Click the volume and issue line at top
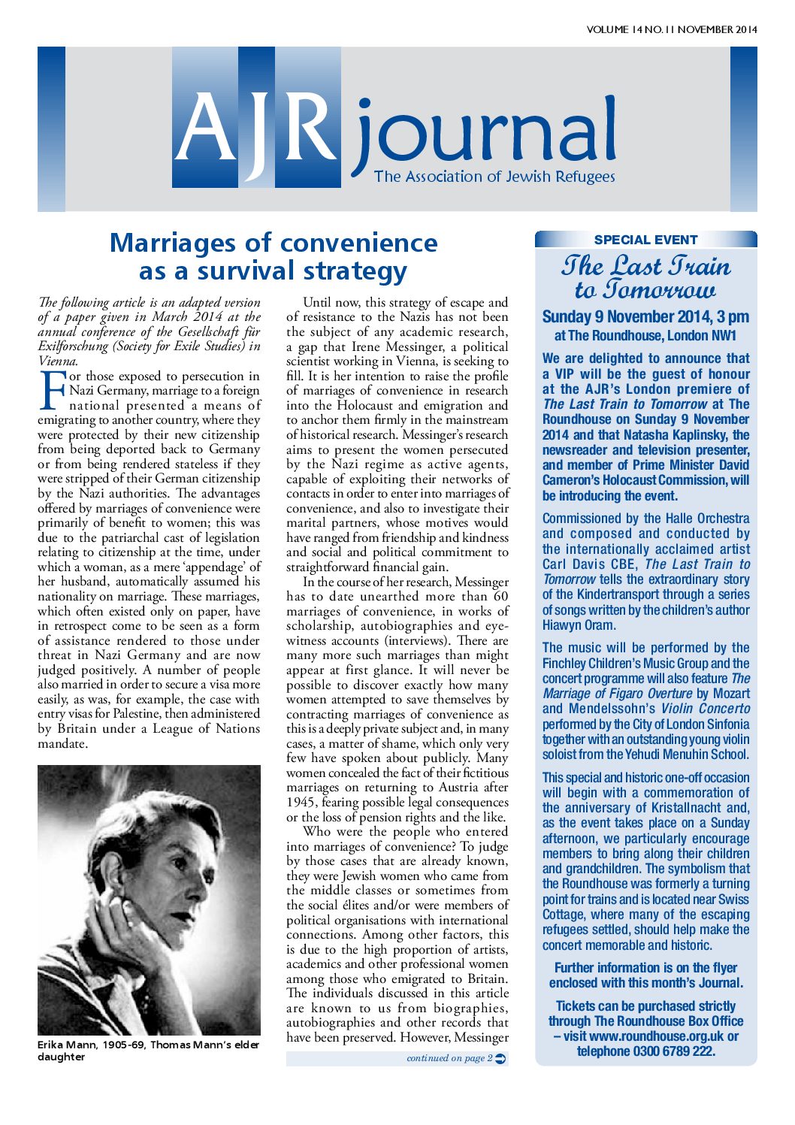[671, 30]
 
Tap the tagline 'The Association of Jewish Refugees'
[494, 177]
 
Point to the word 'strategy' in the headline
[355, 271]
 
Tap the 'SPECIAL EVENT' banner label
[645, 240]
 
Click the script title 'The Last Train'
[645, 265]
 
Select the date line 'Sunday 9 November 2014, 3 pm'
[645, 316]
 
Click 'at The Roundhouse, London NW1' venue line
[645, 336]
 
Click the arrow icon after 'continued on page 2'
[501, 1059]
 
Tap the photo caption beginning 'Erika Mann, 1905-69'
[148, 1050]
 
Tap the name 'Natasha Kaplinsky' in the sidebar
[677, 434]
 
